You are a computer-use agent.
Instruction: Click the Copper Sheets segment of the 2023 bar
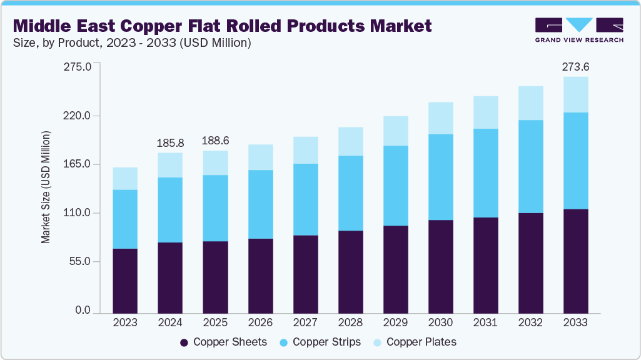[x=125, y=281]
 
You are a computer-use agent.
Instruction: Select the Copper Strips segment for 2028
[x=350, y=193]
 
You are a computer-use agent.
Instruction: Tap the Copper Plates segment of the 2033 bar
[x=575, y=95]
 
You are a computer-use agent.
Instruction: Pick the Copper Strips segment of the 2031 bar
[x=485, y=173]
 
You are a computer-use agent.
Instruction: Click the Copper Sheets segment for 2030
[x=440, y=266]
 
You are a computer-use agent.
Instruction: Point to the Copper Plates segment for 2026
[x=260, y=157]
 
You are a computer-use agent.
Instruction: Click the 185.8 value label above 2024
[x=170, y=143]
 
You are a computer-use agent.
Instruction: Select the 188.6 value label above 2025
[x=215, y=141]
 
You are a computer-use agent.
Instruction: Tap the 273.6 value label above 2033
[x=575, y=67]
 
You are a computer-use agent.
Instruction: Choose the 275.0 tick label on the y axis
[x=78, y=67]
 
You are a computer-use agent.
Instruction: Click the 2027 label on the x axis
[x=305, y=322]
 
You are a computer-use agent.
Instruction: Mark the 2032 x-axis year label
[x=530, y=322]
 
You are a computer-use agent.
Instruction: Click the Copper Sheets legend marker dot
[x=184, y=342]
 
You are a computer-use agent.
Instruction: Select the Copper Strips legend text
[x=326, y=342]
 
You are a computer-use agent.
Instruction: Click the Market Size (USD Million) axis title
[x=46, y=187]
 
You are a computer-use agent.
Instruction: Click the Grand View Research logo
[x=579, y=30]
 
